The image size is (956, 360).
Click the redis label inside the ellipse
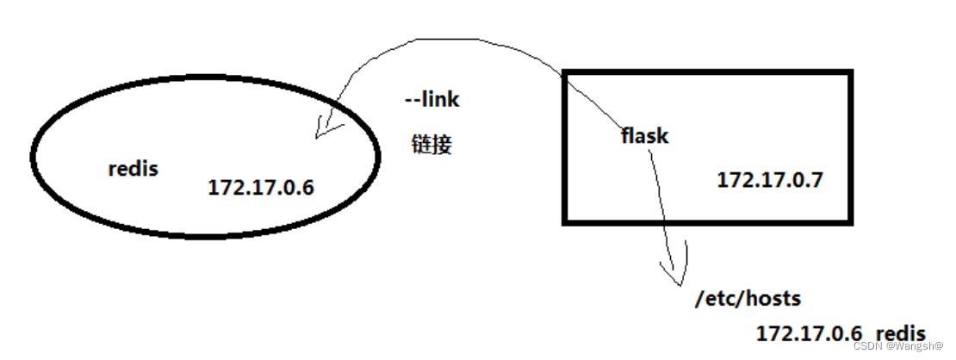pos(133,169)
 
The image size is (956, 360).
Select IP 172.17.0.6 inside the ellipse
pos(261,187)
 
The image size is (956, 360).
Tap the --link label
pos(432,100)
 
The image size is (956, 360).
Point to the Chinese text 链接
pos(431,144)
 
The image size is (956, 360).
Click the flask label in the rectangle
pos(644,135)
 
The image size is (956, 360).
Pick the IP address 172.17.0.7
pos(770,180)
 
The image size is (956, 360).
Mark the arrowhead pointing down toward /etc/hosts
pos(676,274)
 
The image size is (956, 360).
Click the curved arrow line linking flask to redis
pos(448,40)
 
